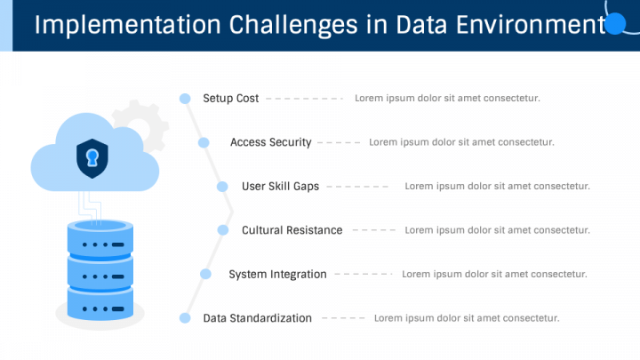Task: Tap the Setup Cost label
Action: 231,99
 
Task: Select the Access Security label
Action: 270,142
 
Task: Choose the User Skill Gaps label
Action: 280,187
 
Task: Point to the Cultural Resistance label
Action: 292,230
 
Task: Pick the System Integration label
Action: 277,275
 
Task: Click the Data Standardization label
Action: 257,318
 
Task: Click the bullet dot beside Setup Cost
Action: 185,99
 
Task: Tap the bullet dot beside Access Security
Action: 204,142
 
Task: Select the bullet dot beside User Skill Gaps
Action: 222,187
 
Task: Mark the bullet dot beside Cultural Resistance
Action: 222,230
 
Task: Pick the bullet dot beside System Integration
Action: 205,275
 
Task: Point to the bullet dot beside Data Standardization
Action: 185,318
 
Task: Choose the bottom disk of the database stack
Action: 100,301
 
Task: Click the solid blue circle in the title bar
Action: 615,23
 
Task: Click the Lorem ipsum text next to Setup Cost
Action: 447,99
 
